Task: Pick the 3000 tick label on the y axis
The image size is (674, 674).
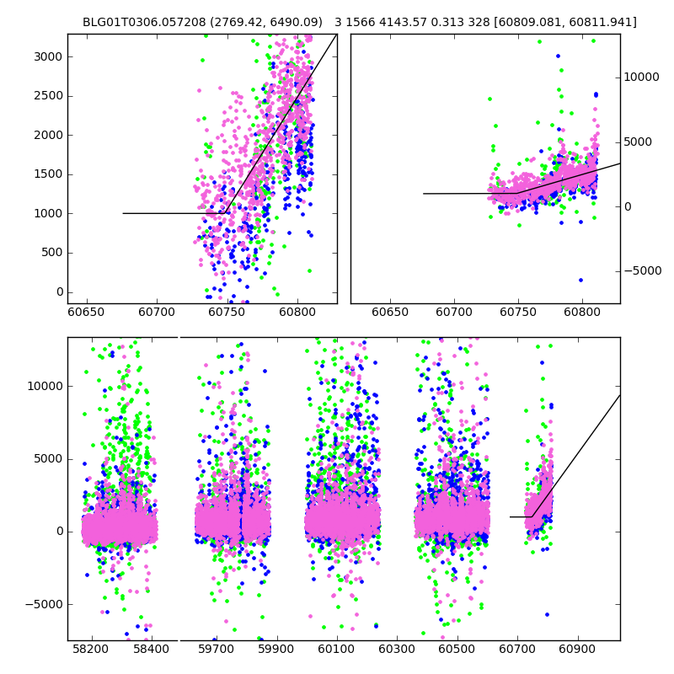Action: point(47,56)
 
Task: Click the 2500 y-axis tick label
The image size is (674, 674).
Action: point(47,95)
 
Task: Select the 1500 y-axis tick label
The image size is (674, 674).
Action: point(47,174)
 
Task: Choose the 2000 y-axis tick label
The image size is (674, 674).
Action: point(47,135)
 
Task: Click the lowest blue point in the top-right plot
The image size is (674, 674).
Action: point(580,280)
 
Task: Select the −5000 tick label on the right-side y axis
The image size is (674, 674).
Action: point(642,270)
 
